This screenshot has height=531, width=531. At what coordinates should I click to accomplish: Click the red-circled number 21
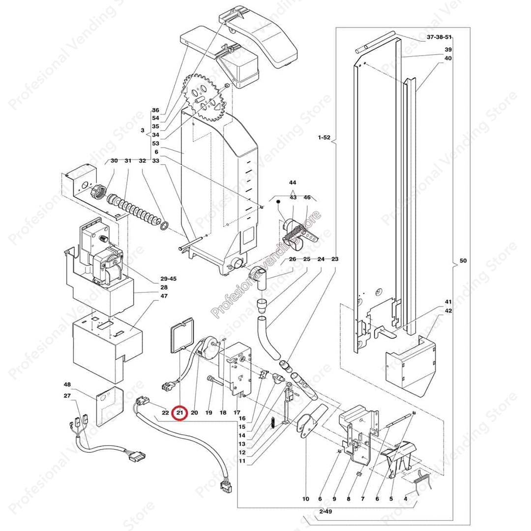pyautogui.click(x=180, y=413)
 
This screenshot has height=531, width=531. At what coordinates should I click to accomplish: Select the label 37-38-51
pyautogui.click(x=439, y=37)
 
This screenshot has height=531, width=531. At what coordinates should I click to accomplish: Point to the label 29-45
pyautogui.click(x=168, y=279)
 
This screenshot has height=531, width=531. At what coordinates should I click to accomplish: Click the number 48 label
pyautogui.click(x=67, y=384)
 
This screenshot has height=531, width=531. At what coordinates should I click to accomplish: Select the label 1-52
pyautogui.click(x=324, y=138)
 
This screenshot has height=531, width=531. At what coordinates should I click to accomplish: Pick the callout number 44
pyautogui.click(x=293, y=182)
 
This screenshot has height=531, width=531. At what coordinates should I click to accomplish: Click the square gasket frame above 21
pyautogui.click(x=182, y=336)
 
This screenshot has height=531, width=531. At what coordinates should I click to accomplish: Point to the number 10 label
pyautogui.click(x=306, y=499)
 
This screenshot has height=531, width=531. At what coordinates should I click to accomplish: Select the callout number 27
pyautogui.click(x=67, y=396)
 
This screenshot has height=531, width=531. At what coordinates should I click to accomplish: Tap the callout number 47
pyautogui.click(x=164, y=296)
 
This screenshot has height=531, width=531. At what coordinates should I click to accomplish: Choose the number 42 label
pyautogui.click(x=448, y=311)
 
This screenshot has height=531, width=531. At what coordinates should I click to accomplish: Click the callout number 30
pyautogui.click(x=114, y=161)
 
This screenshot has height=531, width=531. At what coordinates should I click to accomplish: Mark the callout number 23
pyautogui.click(x=335, y=259)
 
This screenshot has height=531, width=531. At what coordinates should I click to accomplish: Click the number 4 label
pyautogui.click(x=406, y=499)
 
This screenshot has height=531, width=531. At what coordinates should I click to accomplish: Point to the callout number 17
pyautogui.click(x=237, y=413)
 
